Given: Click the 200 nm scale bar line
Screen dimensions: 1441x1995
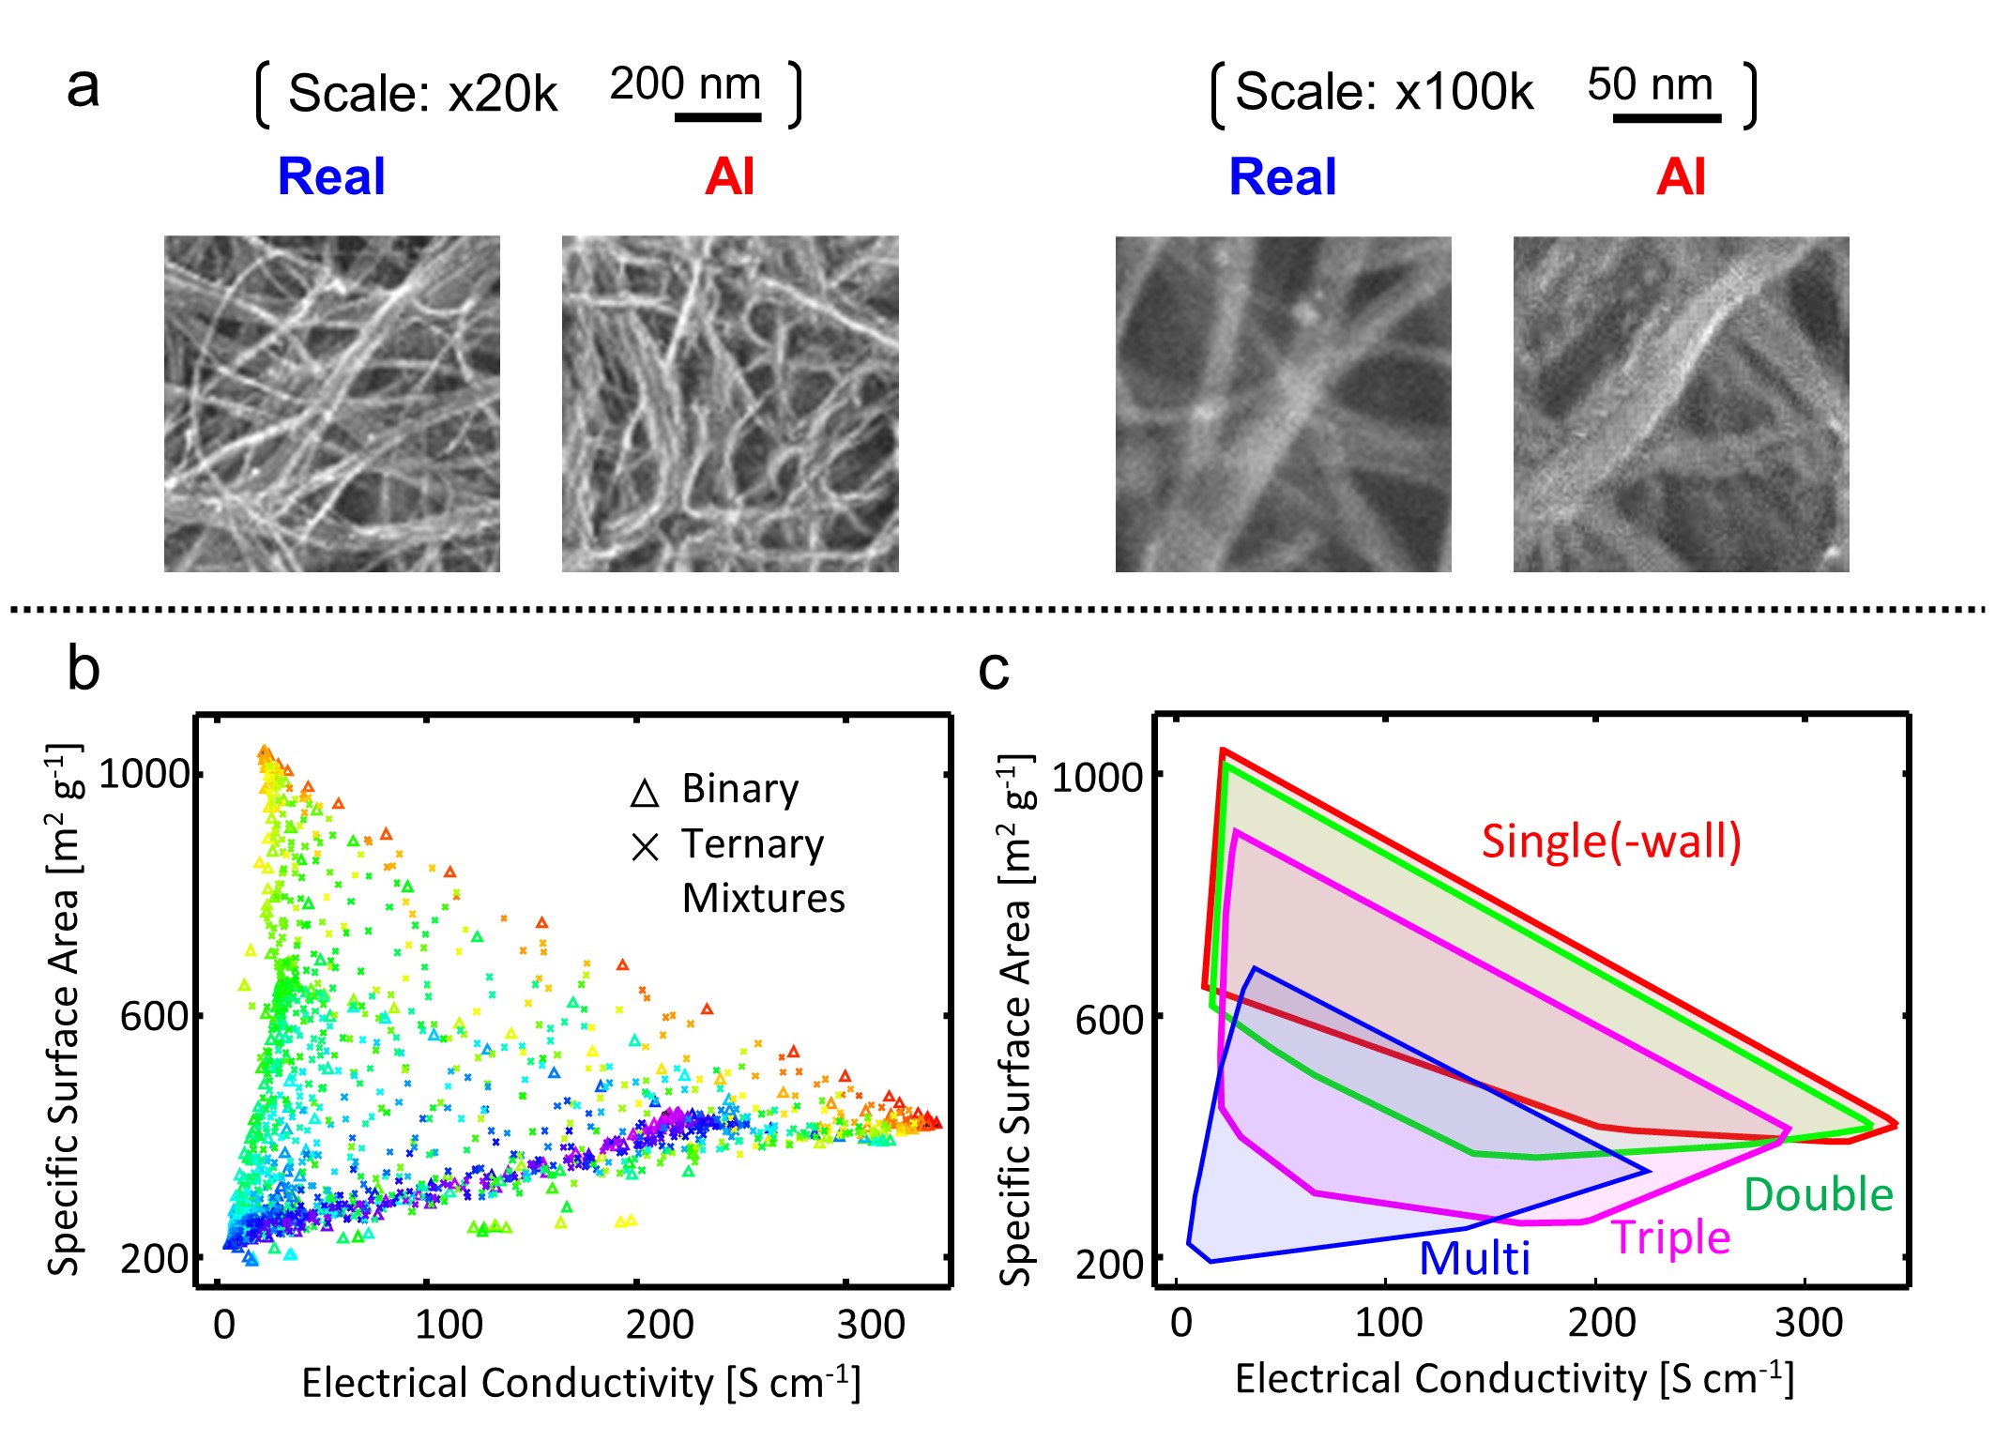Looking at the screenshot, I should pos(718,117).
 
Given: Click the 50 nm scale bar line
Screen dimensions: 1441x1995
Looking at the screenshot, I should pos(1667,118).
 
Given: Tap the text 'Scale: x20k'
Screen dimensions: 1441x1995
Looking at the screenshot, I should pos(422,94).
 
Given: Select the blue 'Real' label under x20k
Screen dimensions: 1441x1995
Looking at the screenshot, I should pos(331,176).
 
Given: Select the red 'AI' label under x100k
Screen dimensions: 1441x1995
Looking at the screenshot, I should pos(1680,176).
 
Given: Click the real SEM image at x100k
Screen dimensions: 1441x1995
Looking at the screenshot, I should pos(1283,403).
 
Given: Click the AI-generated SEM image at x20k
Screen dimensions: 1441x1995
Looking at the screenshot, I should pos(730,403).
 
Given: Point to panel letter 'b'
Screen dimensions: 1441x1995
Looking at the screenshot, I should pos(84,669).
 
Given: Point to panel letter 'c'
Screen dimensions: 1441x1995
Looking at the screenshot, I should pos(994,669).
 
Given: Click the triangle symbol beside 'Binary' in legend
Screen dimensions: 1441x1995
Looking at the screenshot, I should pos(645,793).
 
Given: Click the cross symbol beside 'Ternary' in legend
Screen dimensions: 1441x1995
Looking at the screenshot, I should pos(645,847).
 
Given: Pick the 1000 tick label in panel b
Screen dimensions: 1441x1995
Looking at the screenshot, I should pos(145,774).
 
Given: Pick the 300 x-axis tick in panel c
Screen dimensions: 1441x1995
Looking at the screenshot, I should pos(1808,1323).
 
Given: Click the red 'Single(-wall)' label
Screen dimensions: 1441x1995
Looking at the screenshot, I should pos(1611,841).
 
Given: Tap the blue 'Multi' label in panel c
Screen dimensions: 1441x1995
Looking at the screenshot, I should pos(1473,1258).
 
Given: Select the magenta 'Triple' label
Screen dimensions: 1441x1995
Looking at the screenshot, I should pos(1670,1237).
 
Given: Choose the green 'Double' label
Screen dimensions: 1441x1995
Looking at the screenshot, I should pos(1818,1195).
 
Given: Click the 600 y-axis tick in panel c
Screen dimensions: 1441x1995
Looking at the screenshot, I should pos(1108,1020).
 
